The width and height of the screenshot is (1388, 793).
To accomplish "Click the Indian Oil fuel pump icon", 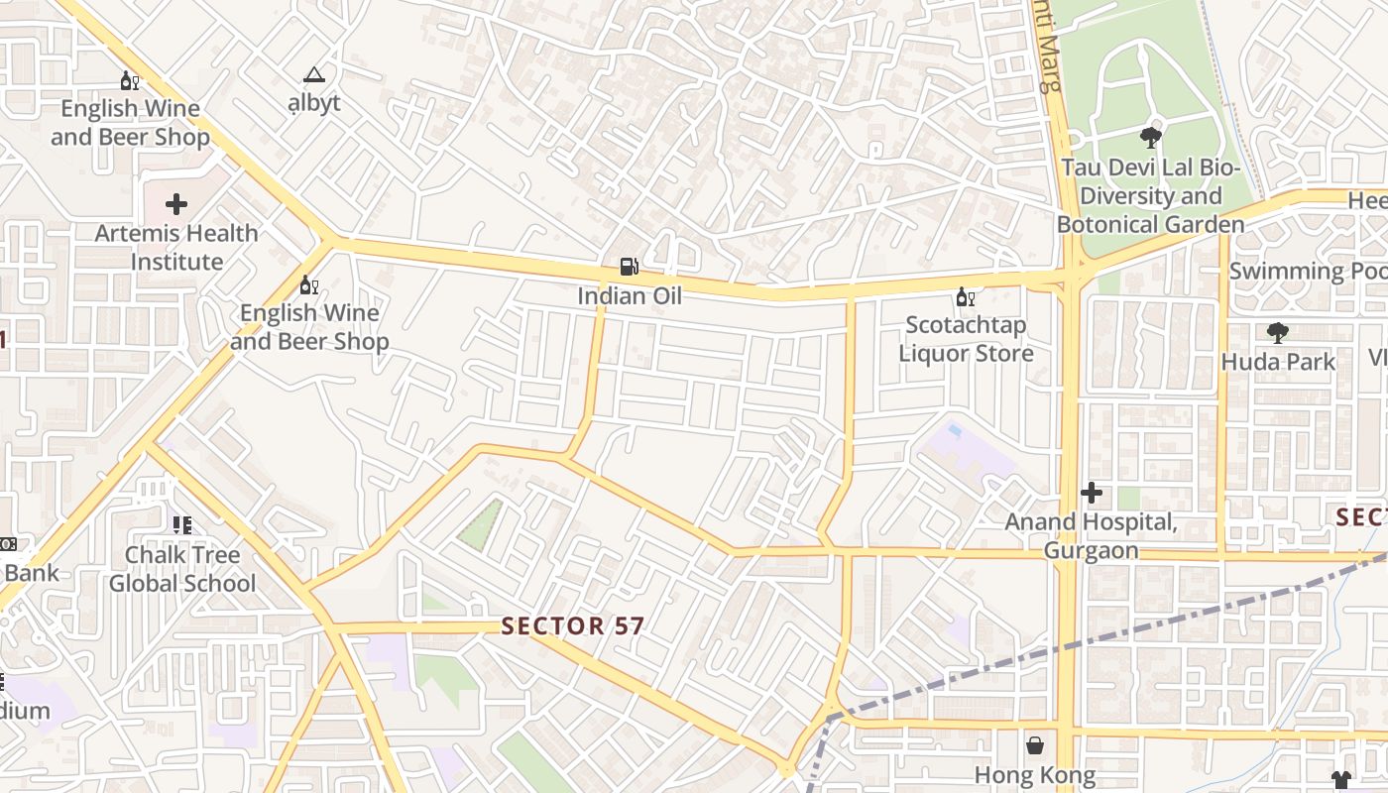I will pos(629,267).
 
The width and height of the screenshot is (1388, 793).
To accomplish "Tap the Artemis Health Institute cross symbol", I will pos(176,204).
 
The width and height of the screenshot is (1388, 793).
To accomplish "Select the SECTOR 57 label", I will pos(573,626).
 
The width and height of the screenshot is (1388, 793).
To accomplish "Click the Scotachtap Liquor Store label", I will pos(966,339).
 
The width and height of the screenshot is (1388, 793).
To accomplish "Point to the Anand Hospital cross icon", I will pos(1092,492).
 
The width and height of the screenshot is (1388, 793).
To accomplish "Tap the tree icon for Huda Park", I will pos(1278,333).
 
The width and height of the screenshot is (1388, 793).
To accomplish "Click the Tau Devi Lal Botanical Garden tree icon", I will pos(1150,138).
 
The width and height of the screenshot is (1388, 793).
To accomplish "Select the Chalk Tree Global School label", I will pos(182,569).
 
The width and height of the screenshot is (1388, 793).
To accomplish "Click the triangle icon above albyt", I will pos(314,74).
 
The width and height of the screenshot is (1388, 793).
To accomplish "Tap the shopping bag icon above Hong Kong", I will pos(1035,744).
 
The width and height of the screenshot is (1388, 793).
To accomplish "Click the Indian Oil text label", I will pos(630,295).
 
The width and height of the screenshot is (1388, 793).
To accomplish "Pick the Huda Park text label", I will pos(1278,362).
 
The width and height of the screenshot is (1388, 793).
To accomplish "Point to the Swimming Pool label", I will pos(1307,271).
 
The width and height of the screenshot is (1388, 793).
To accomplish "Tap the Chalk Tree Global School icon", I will pos(181,524).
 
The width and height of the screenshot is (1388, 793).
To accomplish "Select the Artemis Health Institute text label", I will pos(176,248).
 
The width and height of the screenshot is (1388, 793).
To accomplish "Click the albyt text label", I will pos(314,103).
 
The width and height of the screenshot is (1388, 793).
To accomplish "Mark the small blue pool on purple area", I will pos(954,431).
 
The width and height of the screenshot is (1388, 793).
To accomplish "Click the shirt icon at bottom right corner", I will pos(1341,780).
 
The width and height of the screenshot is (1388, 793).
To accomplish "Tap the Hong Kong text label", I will pos(1034,775).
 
